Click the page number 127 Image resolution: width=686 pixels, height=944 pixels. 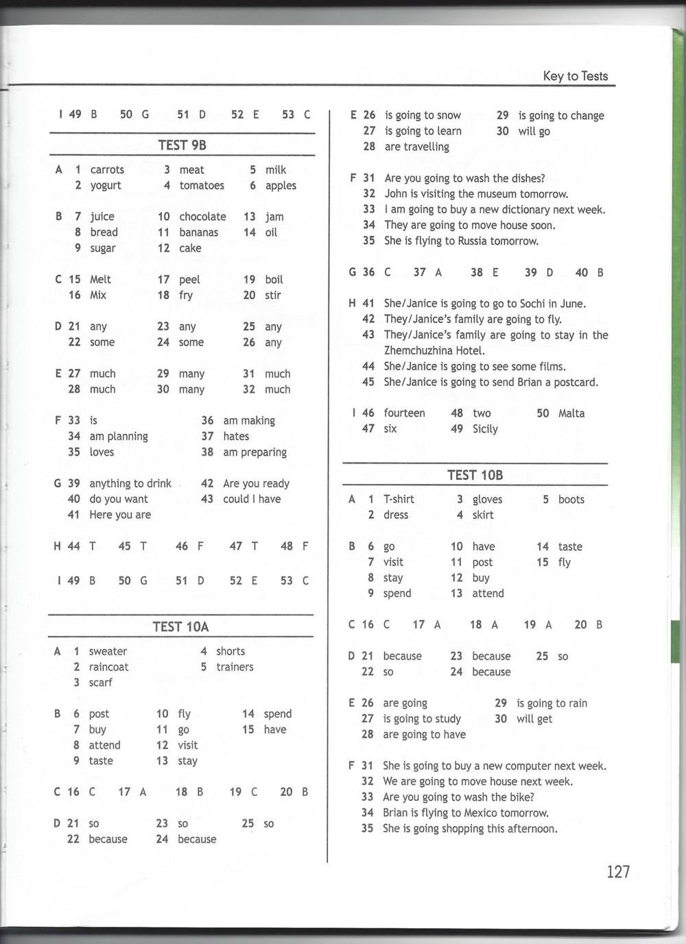pyautogui.click(x=617, y=871)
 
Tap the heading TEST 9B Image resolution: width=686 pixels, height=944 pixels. pyautogui.click(x=182, y=145)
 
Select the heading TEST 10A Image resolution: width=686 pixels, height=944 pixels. pyautogui.click(x=180, y=626)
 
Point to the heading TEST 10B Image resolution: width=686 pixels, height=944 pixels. pyautogui.click(x=475, y=474)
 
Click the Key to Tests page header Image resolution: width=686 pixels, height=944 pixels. pyautogui.click(x=575, y=76)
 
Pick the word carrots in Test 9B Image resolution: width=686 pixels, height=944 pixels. pyautogui.click(x=107, y=169)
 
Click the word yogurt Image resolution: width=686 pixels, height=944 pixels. pyautogui.click(x=106, y=185)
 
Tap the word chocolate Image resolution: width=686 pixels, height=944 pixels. pyautogui.click(x=202, y=217)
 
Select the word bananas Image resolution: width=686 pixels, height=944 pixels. pyautogui.click(x=198, y=232)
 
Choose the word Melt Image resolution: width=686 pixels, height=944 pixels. pyautogui.click(x=100, y=280)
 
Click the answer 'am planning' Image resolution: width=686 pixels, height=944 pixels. pyautogui.click(x=119, y=436)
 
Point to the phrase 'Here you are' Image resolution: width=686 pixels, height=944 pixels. pyautogui.click(x=120, y=515)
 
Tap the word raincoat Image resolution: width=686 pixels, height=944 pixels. pyautogui.click(x=108, y=667)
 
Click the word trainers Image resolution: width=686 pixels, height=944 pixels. pyautogui.click(x=235, y=667)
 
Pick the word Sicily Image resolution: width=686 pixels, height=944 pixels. pyautogui.click(x=485, y=429)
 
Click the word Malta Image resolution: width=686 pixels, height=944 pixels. pyautogui.click(x=571, y=413)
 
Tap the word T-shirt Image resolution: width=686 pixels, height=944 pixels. pyautogui.click(x=399, y=499)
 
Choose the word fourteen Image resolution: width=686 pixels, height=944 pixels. pyautogui.click(x=404, y=413)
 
